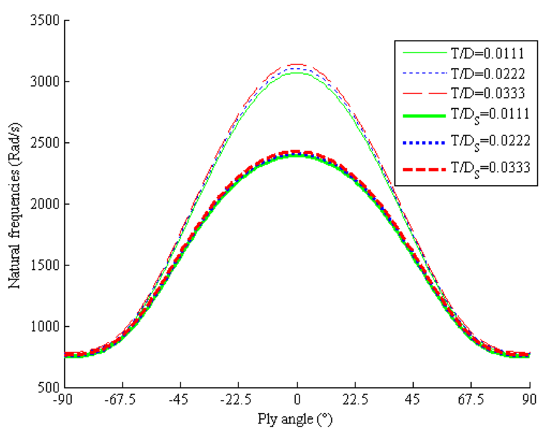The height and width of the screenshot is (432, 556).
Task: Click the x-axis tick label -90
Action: [x=63, y=400]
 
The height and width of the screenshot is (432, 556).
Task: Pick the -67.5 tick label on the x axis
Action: [x=120, y=400]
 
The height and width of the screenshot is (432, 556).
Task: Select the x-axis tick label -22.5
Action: [x=236, y=400]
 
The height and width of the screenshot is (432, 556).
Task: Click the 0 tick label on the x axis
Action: [x=297, y=400]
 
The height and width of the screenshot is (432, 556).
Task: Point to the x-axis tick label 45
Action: [x=412, y=400]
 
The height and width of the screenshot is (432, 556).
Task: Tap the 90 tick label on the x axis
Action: [x=529, y=400]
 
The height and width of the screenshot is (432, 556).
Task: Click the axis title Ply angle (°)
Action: [x=295, y=419]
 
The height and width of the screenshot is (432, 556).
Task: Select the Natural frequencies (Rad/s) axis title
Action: [x=14, y=205]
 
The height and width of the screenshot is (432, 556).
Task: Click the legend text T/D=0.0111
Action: [x=487, y=54]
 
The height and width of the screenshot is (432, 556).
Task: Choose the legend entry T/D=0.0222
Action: [x=487, y=73]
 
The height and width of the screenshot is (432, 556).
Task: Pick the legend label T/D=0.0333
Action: [x=487, y=93]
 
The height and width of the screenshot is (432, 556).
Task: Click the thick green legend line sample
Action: [x=424, y=116]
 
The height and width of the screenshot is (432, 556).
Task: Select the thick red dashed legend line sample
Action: [x=424, y=169]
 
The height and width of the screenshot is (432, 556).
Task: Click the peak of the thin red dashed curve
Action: [x=297, y=64]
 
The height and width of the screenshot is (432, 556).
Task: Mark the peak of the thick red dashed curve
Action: [x=297, y=152]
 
